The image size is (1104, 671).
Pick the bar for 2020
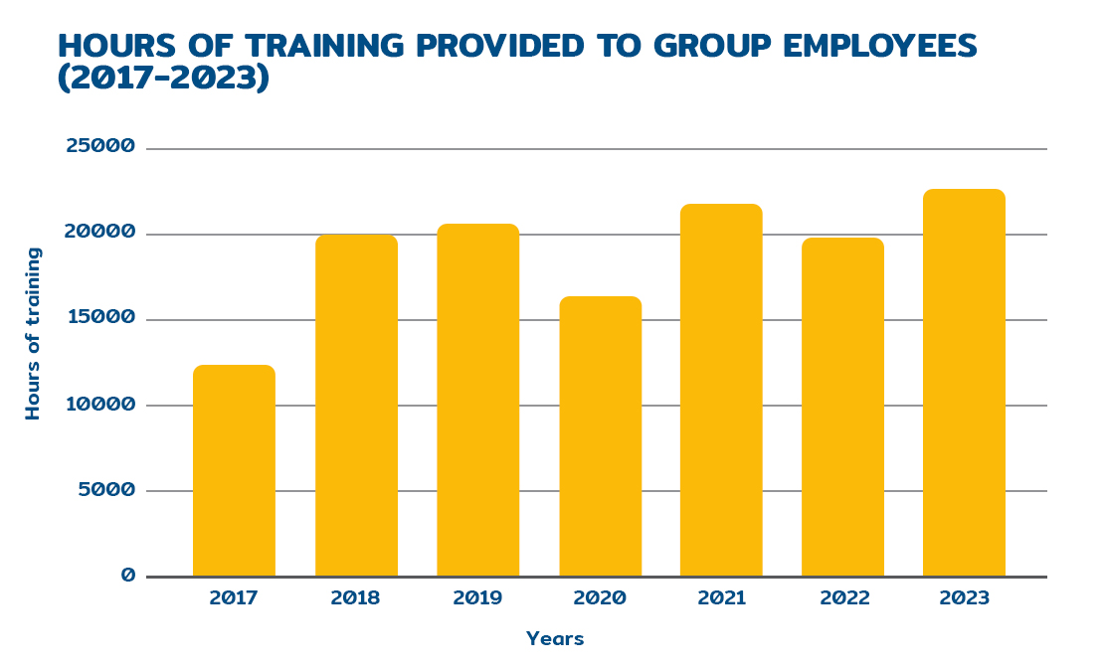tap(600, 436)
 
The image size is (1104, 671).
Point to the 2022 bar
tap(842, 407)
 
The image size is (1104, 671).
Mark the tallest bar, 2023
tap(964, 383)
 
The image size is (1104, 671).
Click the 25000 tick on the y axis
tap(99, 147)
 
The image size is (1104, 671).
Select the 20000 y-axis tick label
tap(99, 233)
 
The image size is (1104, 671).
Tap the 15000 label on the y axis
tap(99, 318)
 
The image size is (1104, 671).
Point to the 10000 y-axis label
tap(99, 404)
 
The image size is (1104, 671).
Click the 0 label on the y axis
tap(127, 575)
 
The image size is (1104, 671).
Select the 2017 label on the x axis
tap(234, 598)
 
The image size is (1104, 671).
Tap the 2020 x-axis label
tap(600, 598)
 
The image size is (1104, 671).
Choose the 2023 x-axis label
tap(964, 598)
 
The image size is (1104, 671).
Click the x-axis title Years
tap(555, 639)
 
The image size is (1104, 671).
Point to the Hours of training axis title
tap(34, 333)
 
